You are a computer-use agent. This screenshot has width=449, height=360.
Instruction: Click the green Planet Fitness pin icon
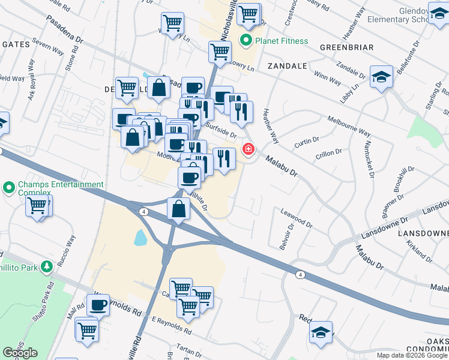click(246, 41)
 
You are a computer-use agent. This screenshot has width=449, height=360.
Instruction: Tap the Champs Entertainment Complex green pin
click(8, 188)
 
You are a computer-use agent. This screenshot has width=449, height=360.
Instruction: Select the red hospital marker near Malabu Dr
click(247, 148)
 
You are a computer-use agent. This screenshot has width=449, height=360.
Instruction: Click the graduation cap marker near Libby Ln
click(381, 77)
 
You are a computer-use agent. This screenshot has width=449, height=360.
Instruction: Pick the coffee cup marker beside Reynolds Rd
click(98, 305)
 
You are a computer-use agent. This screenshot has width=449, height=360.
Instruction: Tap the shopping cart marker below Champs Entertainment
click(38, 206)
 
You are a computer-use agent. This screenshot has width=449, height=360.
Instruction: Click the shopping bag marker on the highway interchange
click(178, 209)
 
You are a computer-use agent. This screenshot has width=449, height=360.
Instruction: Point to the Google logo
click(20, 353)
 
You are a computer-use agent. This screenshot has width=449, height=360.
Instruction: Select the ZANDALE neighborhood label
click(288, 66)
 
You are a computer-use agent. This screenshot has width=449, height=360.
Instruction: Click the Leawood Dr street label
click(297, 218)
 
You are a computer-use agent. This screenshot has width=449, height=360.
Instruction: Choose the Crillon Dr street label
click(328, 155)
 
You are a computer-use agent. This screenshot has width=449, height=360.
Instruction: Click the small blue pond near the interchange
click(139, 238)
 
